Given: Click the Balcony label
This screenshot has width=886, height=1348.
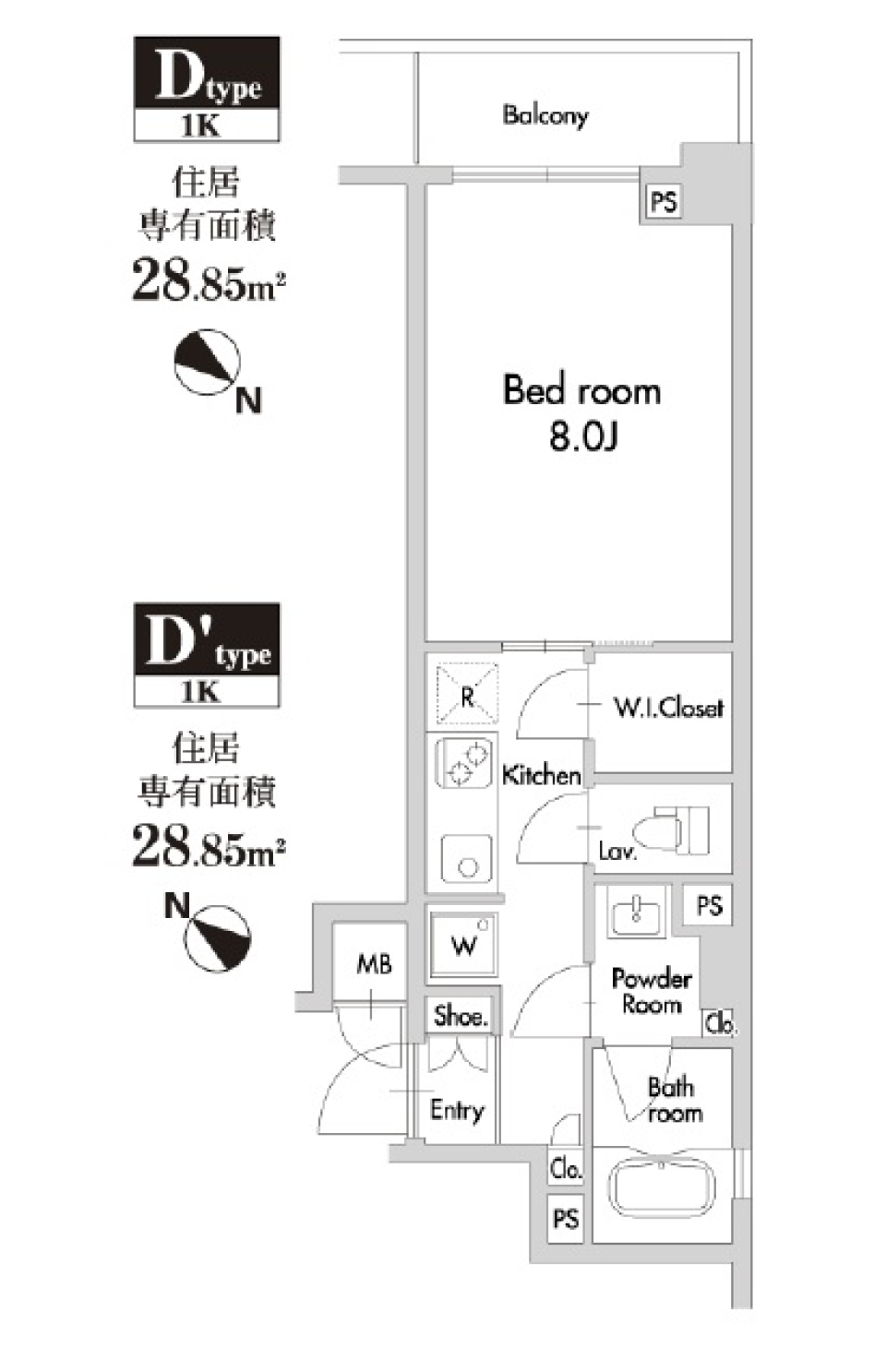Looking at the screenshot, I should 545,114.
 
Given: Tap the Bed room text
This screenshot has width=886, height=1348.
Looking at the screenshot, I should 581,390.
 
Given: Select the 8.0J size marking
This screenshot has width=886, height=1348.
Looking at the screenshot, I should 582,436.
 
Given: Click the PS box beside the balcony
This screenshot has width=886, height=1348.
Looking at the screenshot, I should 663,201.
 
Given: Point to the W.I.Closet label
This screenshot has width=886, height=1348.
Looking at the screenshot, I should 668,708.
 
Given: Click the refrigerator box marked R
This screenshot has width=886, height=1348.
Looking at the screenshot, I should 467,695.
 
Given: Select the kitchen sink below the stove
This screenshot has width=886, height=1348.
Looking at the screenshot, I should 467,860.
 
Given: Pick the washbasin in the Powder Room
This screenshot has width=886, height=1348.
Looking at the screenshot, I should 636,912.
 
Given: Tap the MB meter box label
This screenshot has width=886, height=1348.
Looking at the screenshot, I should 374,965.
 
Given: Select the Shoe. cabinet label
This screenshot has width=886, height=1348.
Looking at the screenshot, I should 460,1016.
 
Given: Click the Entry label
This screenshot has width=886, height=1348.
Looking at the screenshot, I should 457,1109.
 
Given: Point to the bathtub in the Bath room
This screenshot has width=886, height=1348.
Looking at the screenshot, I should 664,1194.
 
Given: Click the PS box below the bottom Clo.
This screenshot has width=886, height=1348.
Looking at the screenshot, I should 565,1219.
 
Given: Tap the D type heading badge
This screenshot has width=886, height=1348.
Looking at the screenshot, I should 207,89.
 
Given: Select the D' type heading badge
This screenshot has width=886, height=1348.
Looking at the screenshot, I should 207,655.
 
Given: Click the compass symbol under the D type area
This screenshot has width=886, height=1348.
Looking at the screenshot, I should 209,362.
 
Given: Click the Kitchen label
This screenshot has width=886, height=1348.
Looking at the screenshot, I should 542,775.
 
